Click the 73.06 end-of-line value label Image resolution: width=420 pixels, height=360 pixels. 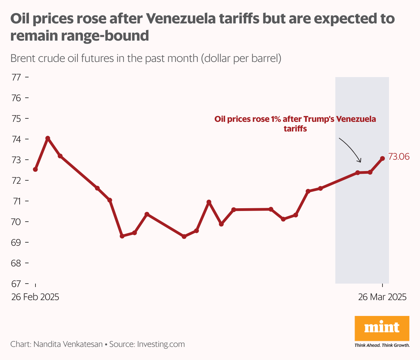pyautogui.click(x=399, y=157)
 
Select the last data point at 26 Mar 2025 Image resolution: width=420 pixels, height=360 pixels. pyautogui.click(x=382, y=159)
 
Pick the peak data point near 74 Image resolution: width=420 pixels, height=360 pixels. pyautogui.click(x=48, y=138)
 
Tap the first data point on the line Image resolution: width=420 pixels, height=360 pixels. pyautogui.click(x=35, y=169)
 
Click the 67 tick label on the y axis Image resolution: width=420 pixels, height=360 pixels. pyautogui.click(x=16, y=284)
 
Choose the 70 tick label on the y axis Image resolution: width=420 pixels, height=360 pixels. pyautogui.click(x=16, y=222)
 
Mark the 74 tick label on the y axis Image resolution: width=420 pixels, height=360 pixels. pyautogui.click(x=16, y=139)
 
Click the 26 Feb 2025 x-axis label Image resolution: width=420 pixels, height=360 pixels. pyautogui.click(x=35, y=297)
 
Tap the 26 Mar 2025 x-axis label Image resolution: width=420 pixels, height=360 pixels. pyautogui.click(x=382, y=297)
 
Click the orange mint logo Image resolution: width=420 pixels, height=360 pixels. pyautogui.click(x=382, y=328)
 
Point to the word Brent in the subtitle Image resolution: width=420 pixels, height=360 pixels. pyautogui.click(x=23, y=59)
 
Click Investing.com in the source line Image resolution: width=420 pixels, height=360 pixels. pyautogui.click(x=161, y=344)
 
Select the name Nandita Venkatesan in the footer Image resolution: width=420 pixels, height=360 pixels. pyautogui.click(x=68, y=344)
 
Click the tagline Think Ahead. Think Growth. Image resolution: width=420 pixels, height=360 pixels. pyautogui.click(x=382, y=345)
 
